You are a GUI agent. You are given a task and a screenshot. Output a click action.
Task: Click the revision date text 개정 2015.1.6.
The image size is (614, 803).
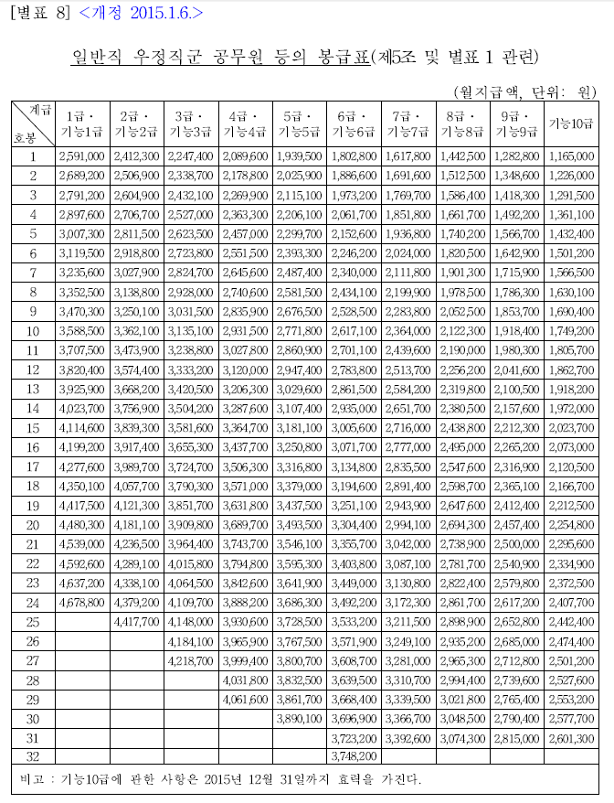142,12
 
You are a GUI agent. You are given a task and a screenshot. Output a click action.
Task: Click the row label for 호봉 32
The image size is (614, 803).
32,755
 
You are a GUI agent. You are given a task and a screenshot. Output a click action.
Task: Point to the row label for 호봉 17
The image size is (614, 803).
32,467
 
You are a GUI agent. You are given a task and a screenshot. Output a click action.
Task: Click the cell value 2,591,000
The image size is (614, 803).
82,156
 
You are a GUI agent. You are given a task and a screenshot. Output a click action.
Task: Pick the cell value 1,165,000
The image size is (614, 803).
572,156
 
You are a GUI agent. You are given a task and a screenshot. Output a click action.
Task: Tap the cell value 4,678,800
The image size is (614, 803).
82,602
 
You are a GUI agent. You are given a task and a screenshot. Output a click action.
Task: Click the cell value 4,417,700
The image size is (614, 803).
137,621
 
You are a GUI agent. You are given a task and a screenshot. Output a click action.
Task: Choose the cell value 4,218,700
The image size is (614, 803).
191,659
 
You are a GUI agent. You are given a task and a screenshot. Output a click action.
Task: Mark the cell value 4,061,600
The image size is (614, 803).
246,698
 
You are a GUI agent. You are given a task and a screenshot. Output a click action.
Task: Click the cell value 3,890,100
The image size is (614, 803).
300,717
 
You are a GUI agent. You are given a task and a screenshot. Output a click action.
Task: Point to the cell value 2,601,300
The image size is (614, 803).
572,736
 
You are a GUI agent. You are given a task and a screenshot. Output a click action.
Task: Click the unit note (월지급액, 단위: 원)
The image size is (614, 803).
524,91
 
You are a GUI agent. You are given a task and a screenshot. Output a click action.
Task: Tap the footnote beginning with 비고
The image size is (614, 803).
219,780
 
